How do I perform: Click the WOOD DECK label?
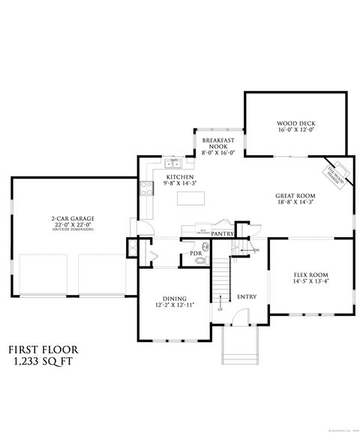[x=295, y=122]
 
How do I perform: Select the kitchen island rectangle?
[x=190, y=199]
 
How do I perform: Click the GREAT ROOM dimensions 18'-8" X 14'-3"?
[x=294, y=202]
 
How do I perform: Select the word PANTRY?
[x=222, y=233]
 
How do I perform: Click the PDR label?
[x=196, y=254]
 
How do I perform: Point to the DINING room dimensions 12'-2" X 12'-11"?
[x=174, y=305]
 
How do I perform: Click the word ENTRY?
[x=247, y=297]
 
